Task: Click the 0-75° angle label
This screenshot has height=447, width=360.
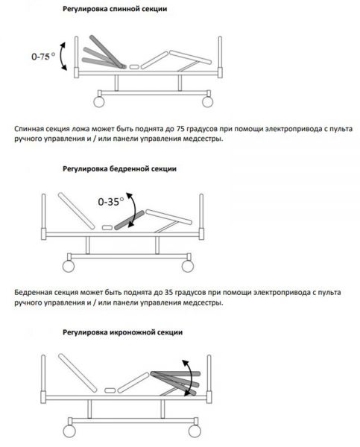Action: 43,56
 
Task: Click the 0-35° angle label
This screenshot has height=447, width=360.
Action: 111,202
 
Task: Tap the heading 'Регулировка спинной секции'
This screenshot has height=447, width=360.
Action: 115,9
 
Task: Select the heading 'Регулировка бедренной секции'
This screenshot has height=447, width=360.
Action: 119,169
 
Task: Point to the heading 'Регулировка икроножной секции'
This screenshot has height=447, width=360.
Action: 123,332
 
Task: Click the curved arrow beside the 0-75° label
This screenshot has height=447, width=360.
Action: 60,56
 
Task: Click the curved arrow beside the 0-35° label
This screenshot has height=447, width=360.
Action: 134,209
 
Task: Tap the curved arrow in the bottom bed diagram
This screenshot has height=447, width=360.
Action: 192,378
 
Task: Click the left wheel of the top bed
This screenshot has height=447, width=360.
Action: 99,102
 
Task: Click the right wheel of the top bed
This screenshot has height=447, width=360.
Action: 207,102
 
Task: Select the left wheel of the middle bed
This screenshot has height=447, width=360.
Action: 69,266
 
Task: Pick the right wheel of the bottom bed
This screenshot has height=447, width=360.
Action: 195,431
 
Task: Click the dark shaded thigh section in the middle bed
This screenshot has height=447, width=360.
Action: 130,220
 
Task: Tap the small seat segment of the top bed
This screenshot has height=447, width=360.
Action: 134,67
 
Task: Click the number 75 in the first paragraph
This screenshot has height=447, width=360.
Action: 180,129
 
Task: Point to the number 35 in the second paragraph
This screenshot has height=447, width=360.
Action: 169,293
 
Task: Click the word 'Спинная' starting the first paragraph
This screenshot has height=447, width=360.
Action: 28,129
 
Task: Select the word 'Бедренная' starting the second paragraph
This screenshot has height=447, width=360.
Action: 32,293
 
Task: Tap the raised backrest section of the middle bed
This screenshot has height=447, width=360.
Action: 76,211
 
